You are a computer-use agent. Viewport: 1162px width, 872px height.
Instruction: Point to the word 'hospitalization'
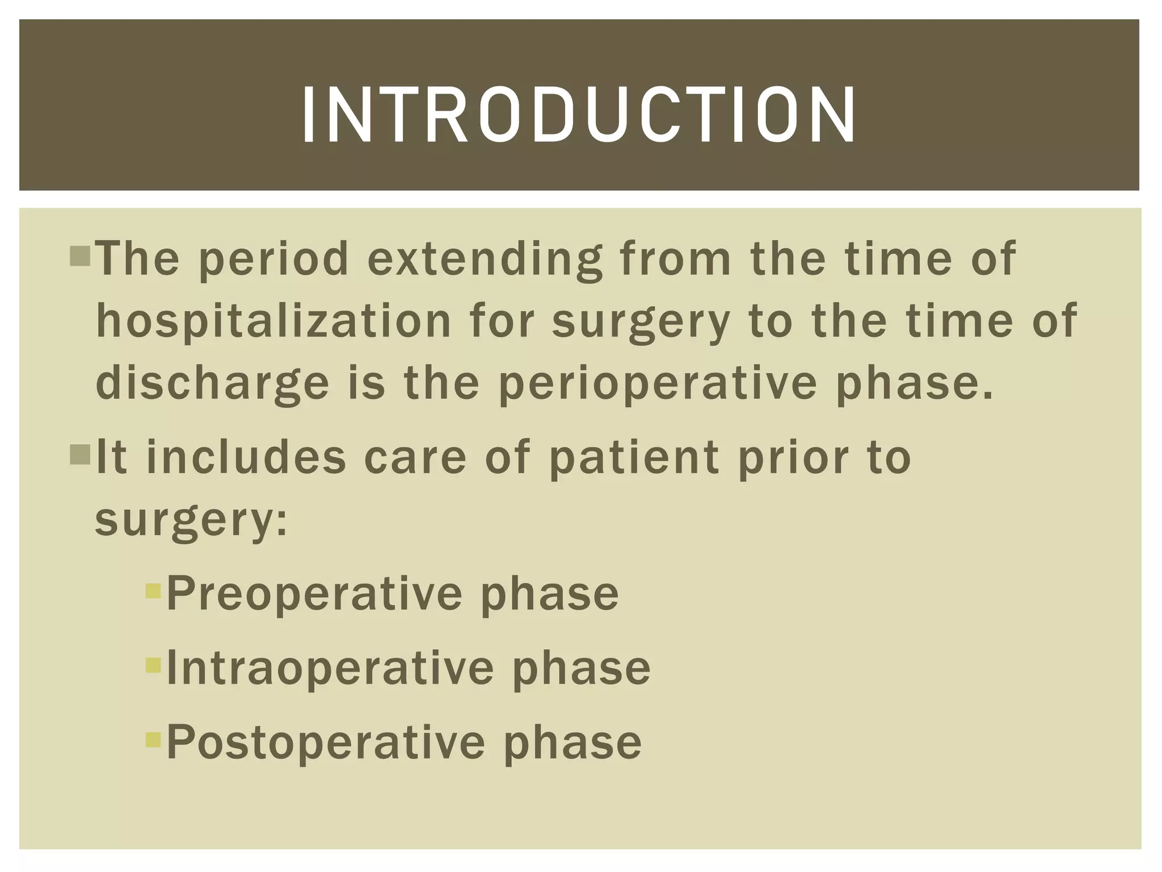[x=273, y=321]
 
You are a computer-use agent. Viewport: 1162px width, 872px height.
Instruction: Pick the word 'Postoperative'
[x=326, y=743]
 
